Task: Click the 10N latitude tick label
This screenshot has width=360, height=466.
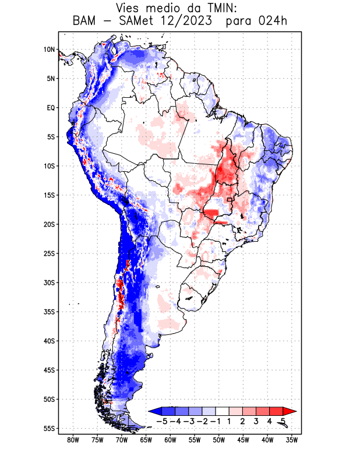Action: (x=48, y=50)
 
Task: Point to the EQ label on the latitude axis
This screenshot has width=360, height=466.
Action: (x=51, y=108)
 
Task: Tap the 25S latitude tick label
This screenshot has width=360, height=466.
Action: (x=49, y=253)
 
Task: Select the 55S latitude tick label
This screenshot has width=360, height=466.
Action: (x=49, y=428)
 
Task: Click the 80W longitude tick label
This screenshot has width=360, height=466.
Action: (x=73, y=440)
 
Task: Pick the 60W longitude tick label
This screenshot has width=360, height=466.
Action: (x=170, y=440)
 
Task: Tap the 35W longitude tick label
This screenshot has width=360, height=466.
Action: (x=292, y=440)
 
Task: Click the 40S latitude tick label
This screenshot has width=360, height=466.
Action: (x=49, y=341)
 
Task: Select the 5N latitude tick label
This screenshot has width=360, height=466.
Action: (x=50, y=79)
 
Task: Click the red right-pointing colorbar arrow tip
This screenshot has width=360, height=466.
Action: (x=294, y=411)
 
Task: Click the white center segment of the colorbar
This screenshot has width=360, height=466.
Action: (x=223, y=411)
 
